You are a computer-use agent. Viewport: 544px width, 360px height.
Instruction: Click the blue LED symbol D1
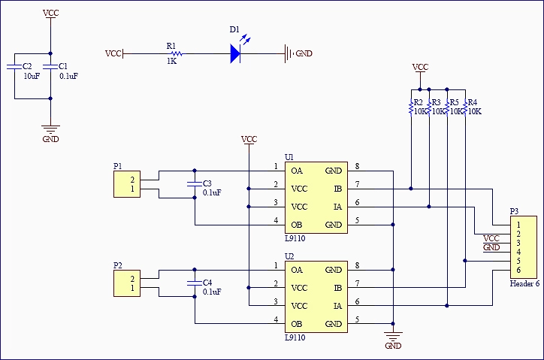pyautogui.click(x=235, y=53)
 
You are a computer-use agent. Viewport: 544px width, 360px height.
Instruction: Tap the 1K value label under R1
pyautogui.click(x=171, y=62)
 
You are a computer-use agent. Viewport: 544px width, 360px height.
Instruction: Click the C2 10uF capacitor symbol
pyautogui.click(x=14, y=67)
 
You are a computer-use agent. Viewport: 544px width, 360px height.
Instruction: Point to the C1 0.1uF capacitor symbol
pyautogui.click(x=50, y=67)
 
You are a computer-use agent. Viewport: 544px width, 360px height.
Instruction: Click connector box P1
pyautogui.click(x=126, y=184)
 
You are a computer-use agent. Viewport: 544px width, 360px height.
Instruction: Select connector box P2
pyautogui.click(x=126, y=283)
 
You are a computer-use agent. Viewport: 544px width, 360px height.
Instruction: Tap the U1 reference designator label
pyautogui.click(x=289, y=156)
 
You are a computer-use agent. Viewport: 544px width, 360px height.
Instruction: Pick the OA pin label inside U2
pyautogui.click(x=297, y=270)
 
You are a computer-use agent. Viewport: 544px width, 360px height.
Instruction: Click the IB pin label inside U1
pyautogui.click(x=337, y=189)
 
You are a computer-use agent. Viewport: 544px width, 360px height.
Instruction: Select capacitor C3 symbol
pyautogui.click(x=195, y=183)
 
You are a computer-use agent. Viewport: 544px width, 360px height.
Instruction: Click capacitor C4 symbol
pyautogui.click(x=195, y=283)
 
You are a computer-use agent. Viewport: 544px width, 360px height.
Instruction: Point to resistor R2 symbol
pyautogui.click(x=411, y=107)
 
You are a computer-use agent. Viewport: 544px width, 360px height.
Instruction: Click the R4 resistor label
pyautogui.click(x=471, y=102)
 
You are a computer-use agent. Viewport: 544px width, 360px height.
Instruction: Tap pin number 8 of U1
pyautogui.click(x=357, y=166)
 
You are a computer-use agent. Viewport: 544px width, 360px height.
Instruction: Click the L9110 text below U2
pyautogui.click(x=295, y=337)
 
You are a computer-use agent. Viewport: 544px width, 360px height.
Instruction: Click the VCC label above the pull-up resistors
pyautogui.click(x=420, y=67)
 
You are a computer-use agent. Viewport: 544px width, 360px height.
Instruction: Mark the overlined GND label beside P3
pyautogui.click(x=491, y=247)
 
